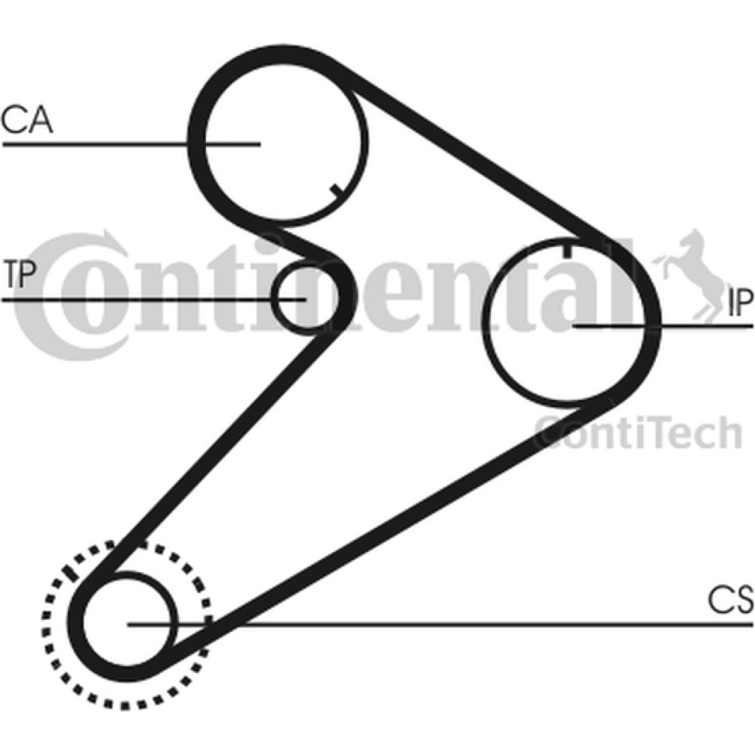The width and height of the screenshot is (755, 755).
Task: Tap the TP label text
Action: [x=20, y=274]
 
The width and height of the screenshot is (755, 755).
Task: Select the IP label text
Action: [x=740, y=304]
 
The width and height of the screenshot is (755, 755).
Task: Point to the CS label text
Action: [x=730, y=599]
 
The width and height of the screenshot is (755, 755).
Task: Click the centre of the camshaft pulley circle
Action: [x=283, y=143]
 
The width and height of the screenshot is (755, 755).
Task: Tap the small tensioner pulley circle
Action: [x=304, y=299]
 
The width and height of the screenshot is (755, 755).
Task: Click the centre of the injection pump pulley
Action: [x=569, y=320]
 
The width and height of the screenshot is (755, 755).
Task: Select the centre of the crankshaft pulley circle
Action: [x=128, y=624]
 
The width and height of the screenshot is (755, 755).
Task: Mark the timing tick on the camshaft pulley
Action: [x=337, y=190]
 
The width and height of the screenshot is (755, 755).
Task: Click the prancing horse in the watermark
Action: [x=688, y=275]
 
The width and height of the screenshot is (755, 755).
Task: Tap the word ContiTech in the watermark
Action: [x=638, y=433]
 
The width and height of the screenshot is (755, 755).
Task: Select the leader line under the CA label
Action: [x=131, y=143]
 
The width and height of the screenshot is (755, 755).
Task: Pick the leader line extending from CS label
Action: [x=440, y=625]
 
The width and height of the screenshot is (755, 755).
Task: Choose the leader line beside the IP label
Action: [x=663, y=326]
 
